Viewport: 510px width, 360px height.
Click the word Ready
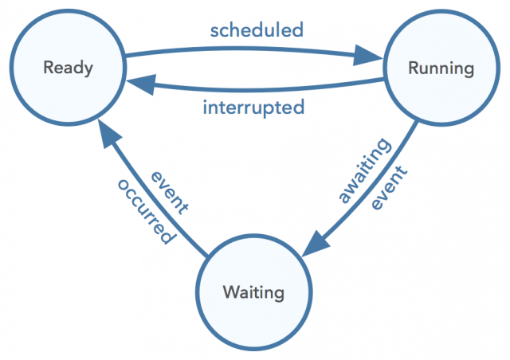pyautogui.click(x=68, y=68)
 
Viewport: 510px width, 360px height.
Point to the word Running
pyautogui.click(x=441, y=68)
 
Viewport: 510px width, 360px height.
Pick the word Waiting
pyautogui.click(x=253, y=292)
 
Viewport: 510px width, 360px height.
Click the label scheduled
pyautogui.click(x=257, y=30)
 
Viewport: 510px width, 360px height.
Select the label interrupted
pyautogui.click(x=253, y=108)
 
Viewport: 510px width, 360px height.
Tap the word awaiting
pyautogui.click(x=364, y=170)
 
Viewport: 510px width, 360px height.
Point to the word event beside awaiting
pyautogui.click(x=390, y=188)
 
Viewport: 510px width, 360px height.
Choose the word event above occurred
pyautogui.click(x=170, y=193)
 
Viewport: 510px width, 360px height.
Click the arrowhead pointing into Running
pyautogui.click(x=368, y=55)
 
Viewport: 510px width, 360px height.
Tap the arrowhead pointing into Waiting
pyautogui.click(x=316, y=244)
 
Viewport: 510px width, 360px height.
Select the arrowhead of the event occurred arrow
pyautogui.click(x=109, y=133)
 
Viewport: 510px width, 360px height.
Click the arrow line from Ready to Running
pyautogui.click(x=247, y=49)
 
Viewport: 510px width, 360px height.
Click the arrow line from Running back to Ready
pyautogui.click(x=253, y=89)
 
